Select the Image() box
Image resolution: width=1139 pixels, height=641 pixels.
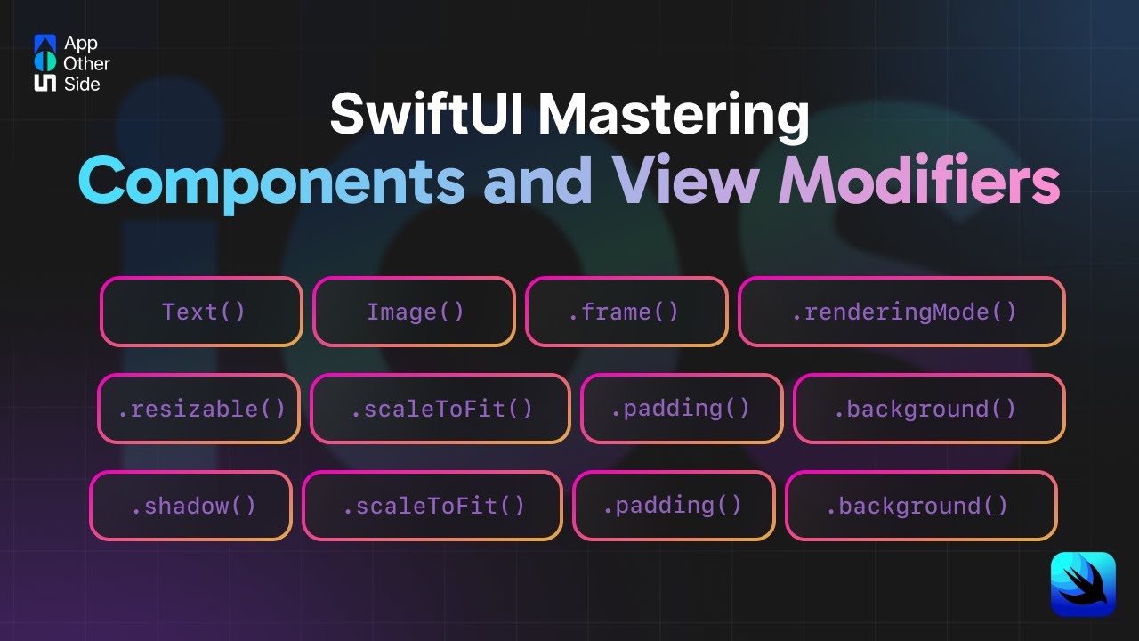coord(414,312)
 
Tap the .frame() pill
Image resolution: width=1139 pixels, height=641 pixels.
coord(626,312)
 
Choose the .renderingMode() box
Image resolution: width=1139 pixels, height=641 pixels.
coord(901,312)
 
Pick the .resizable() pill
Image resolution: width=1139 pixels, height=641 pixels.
coord(198,409)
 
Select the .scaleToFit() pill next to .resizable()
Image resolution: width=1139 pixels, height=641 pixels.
coord(440,409)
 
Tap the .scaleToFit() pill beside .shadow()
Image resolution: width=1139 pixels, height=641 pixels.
coord(432,506)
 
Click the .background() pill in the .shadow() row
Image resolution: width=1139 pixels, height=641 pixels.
coord(921,506)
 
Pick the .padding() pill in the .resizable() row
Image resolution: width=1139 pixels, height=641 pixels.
coord(682,409)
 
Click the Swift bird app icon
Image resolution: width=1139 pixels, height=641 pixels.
coord(1083,584)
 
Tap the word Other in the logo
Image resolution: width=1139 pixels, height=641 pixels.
coord(86,63)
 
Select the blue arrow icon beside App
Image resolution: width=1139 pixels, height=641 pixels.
coord(44,43)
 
